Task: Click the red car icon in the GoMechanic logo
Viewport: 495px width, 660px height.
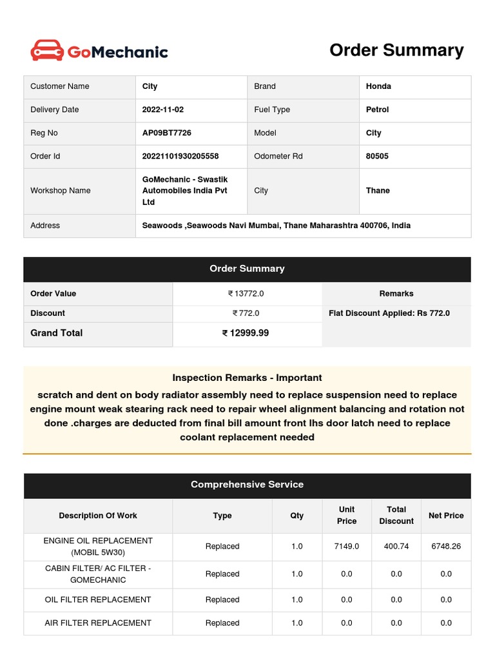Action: (x=47, y=50)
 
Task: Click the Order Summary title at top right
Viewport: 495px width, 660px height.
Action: (x=396, y=50)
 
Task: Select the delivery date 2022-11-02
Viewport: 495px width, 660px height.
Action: (x=163, y=110)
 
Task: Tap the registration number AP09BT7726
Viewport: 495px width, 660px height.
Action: (x=166, y=133)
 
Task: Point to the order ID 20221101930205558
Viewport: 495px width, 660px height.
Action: (x=180, y=156)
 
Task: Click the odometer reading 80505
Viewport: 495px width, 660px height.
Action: (x=377, y=156)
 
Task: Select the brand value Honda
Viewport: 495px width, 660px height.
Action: (x=378, y=86)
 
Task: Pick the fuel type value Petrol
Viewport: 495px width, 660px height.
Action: (x=377, y=110)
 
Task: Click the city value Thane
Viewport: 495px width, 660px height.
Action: (x=378, y=191)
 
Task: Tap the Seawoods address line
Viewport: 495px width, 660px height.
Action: (x=276, y=226)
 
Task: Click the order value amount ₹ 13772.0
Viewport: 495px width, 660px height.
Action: (x=246, y=293)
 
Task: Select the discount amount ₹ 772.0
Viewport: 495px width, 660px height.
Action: (x=246, y=313)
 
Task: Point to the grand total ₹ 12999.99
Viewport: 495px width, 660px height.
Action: (x=246, y=333)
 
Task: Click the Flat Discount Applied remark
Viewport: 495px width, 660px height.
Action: (x=389, y=313)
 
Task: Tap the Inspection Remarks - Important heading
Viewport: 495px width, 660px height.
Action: (x=247, y=378)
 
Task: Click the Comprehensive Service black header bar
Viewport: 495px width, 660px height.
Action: (x=247, y=485)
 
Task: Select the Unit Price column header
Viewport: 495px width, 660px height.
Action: (x=347, y=515)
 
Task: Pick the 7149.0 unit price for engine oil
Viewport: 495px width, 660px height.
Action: (x=347, y=546)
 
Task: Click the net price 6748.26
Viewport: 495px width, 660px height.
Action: (x=446, y=546)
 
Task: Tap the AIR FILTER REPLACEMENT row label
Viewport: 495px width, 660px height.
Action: (x=98, y=623)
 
